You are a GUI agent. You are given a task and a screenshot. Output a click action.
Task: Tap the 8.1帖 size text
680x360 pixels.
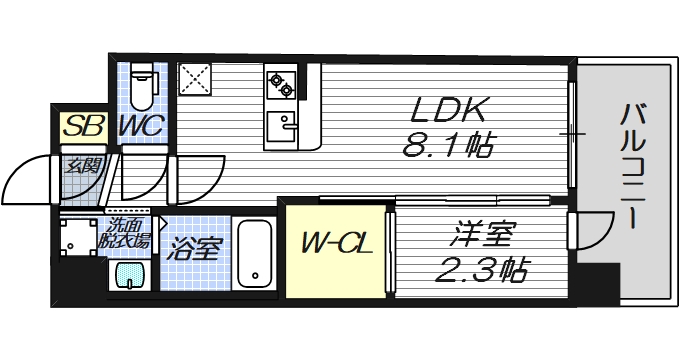tap(447, 149)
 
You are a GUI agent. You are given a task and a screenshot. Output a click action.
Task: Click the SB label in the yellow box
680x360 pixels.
tap(77, 127)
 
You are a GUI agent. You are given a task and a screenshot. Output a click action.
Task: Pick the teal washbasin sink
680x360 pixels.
tap(126, 276)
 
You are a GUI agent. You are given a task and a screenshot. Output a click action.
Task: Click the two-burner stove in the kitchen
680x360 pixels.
tap(281, 83)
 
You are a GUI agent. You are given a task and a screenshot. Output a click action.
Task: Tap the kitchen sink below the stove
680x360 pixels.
tap(283, 127)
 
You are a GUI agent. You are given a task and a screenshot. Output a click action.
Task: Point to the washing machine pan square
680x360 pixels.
tap(77, 240)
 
